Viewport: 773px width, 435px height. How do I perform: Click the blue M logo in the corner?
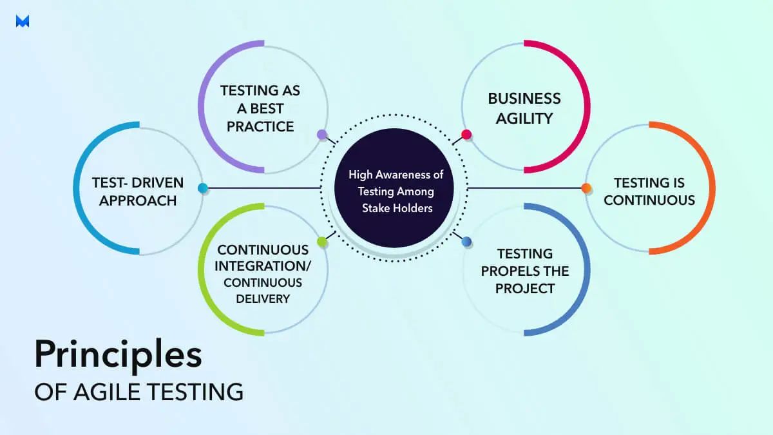pos(23,21)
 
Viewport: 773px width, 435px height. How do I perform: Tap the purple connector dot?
pos(322,134)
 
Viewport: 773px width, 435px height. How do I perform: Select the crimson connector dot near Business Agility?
pos(466,135)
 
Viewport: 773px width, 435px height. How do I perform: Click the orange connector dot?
pos(586,188)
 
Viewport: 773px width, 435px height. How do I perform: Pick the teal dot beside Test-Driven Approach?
pos(202,188)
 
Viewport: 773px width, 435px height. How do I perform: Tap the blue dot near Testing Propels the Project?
pos(467,242)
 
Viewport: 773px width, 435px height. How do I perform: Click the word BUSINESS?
pos(524,99)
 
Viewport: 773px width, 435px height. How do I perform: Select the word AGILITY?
pos(524,117)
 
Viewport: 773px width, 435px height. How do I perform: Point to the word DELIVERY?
pos(262,298)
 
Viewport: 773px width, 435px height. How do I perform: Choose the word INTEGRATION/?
pos(262,266)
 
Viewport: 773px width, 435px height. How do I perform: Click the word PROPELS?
pos(524,271)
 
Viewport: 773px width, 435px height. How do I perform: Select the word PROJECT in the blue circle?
pos(524,288)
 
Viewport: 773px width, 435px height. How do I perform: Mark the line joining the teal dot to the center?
pos(264,188)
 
